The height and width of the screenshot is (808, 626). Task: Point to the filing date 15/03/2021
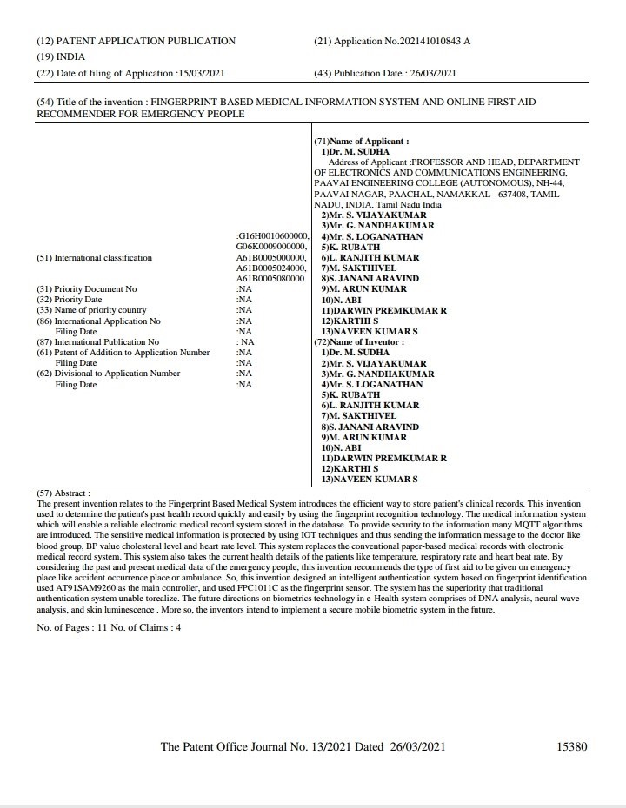point(205,73)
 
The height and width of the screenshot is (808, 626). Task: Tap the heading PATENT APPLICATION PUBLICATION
point(145,41)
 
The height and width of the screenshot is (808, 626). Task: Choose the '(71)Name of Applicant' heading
point(361,141)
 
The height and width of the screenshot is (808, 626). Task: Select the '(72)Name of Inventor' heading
point(358,342)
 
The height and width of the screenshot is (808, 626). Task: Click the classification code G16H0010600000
point(273,236)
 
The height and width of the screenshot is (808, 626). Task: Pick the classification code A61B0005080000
point(270,278)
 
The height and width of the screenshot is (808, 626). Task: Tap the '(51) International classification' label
point(94,257)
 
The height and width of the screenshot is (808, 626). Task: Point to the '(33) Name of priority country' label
point(91,310)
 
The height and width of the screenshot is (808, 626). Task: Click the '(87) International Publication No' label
point(97,342)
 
